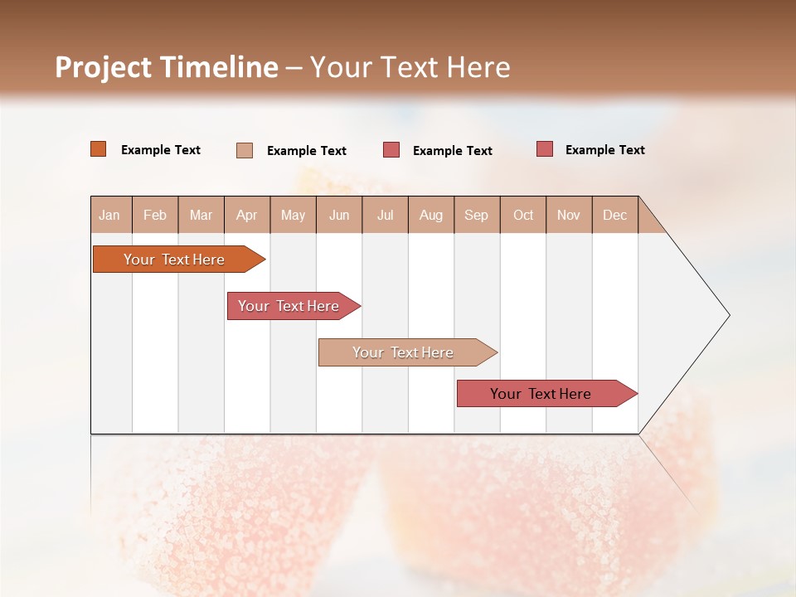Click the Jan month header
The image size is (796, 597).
point(110,215)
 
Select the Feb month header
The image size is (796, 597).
point(155,215)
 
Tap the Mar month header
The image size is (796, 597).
point(201,215)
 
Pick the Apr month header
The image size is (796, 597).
point(247,215)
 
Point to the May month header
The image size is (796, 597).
point(293,215)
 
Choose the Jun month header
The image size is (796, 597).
point(339,215)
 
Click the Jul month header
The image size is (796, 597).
point(385,215)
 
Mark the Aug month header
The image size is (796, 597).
point(431,215)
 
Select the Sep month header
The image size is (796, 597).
point(477,215)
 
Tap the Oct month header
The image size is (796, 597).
point(523,215)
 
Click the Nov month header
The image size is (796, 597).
point(569,215)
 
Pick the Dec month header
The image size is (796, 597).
point(615,215)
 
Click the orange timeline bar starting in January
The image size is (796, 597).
point(175,260)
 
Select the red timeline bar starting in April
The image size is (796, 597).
point(289,306)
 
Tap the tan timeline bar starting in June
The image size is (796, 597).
point(404,352)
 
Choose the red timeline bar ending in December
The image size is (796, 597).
point(541,394)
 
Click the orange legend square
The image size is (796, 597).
point(99,149)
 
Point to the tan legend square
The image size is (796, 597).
point(245,150)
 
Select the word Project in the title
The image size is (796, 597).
point(104,67)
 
